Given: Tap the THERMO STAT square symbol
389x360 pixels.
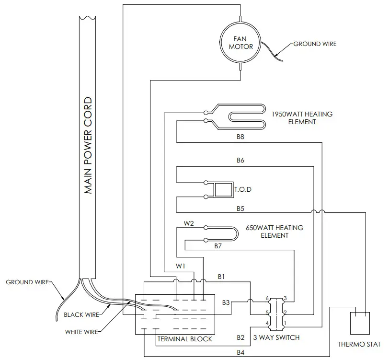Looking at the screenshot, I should [x=360, y=323].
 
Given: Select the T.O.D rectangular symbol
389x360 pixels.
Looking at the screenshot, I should [x=221, y=189].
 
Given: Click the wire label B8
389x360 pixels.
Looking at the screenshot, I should [x=240, y=137].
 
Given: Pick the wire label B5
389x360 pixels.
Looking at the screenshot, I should [x=240, y=209].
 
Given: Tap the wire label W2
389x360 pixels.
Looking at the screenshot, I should [x=189, y=223].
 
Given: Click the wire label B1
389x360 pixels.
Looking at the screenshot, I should [x=222, y=277].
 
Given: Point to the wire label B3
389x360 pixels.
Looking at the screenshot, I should [x=226, y=302].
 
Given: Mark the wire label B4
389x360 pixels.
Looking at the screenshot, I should [x=240, y=353].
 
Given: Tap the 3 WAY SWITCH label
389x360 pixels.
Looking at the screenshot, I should [x=276, y=337].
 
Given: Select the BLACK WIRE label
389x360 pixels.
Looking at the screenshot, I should [x=81, y=315].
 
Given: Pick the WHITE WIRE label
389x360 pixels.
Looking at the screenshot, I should [x=82, y=331].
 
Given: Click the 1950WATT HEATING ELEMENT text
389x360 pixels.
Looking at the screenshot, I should [x=302, y=118].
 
